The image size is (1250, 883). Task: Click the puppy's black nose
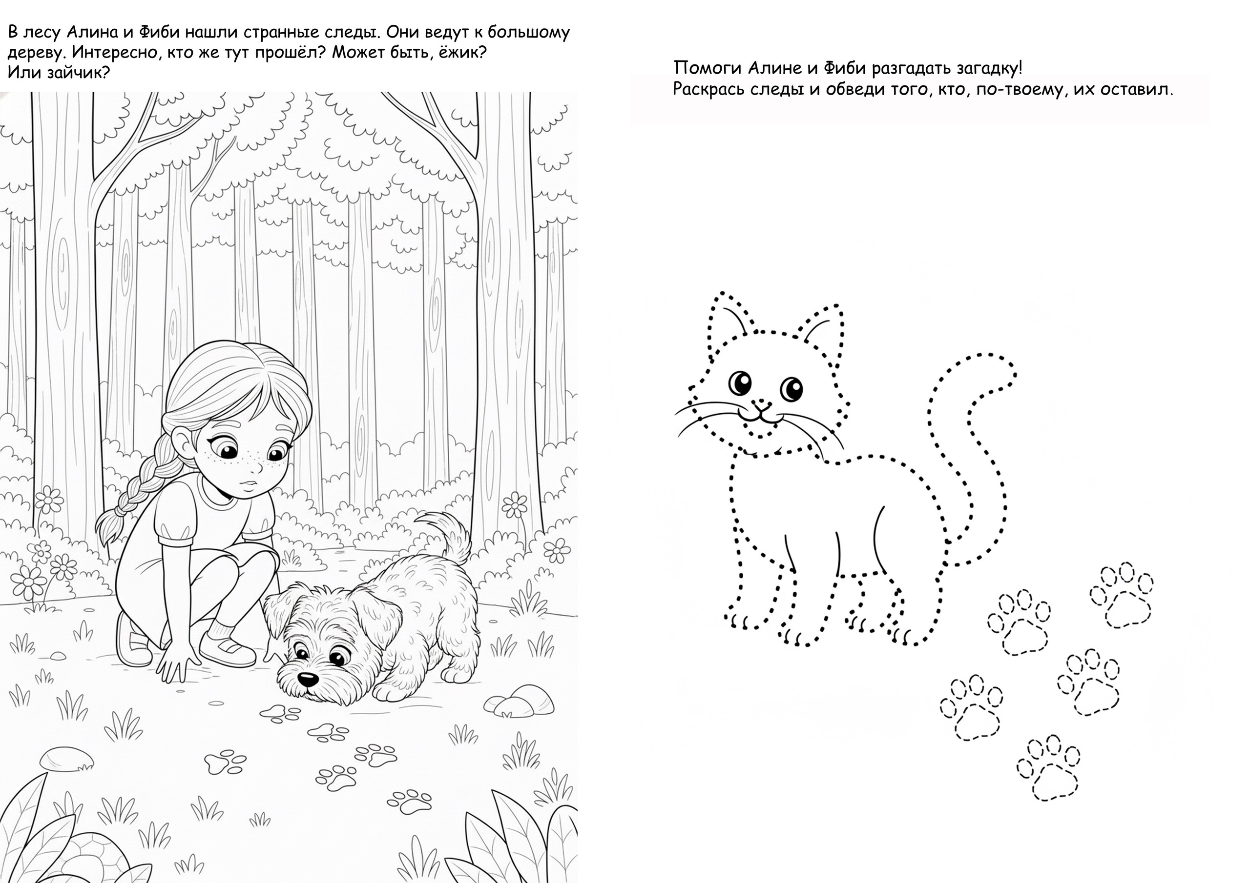click(x=308, y=679)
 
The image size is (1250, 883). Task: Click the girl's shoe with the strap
click(x=227, y=648)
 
